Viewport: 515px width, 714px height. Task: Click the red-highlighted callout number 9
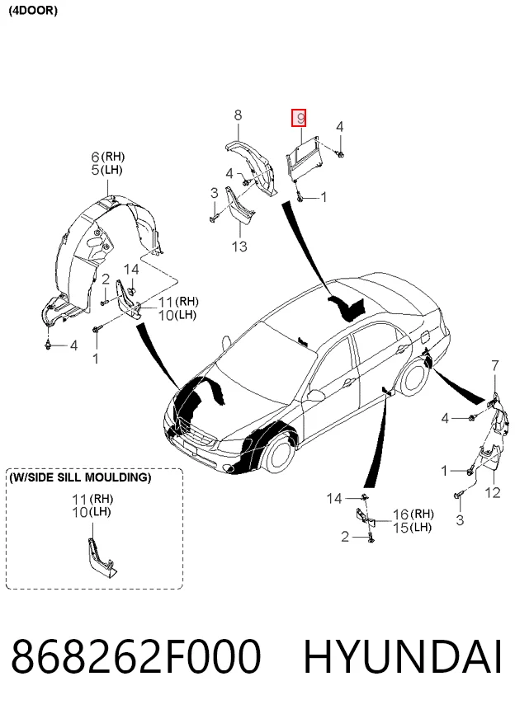coord(299,119)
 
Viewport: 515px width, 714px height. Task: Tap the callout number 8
coord(238,115)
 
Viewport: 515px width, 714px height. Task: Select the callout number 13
coord(239,247)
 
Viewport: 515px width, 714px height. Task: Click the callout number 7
coord(495,365)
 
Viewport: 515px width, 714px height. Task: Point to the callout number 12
coord(493,492)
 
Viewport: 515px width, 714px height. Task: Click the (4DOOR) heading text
coord(33,11)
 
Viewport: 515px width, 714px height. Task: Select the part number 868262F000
coord(136,656)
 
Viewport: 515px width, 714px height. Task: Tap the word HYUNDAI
coord(403,656)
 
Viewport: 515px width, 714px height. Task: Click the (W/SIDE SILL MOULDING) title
coord(80,477)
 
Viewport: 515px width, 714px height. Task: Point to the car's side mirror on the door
coord(314,394)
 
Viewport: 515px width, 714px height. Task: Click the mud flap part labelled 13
coord(239,206)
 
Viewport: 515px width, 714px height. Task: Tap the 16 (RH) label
coord(413,514)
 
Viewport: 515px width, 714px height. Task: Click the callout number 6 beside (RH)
coord(95,157)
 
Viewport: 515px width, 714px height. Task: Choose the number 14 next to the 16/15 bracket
coord(334,499)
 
